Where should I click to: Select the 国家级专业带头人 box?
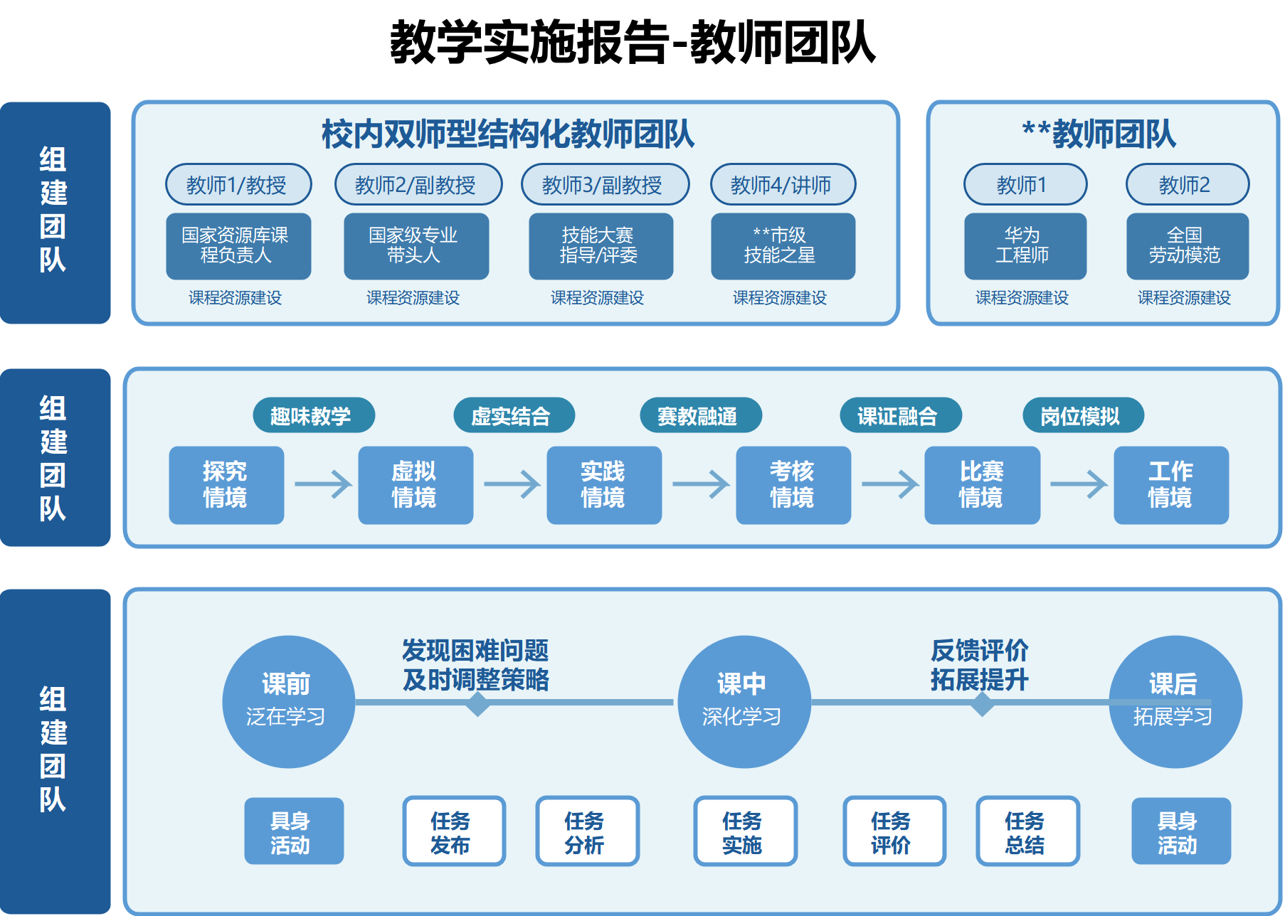click(x=416, y=246)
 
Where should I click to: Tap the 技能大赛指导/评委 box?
click(x=601, y=246)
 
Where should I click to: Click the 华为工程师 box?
click(x=1025, y=246)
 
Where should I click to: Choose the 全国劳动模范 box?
click(x=1187, y=246)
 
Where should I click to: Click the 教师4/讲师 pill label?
click(x=783, y=185)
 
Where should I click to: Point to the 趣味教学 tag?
click(x=313, y=416)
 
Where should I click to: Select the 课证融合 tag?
click(x=900, y=416)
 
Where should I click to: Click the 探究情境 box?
click(x=226, y=485)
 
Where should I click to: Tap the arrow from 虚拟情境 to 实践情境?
click(x=512, y=484)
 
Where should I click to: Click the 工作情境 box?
click(x=1170, y=485)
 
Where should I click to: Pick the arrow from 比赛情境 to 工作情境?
click(x=1078, y=484)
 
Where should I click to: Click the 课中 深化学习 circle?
click(x=744, y=702)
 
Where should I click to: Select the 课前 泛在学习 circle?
click(x=288, y=702)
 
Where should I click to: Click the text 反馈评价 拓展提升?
click(x=979, y=665)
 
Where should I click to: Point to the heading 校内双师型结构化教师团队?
click(x=508, y=134)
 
